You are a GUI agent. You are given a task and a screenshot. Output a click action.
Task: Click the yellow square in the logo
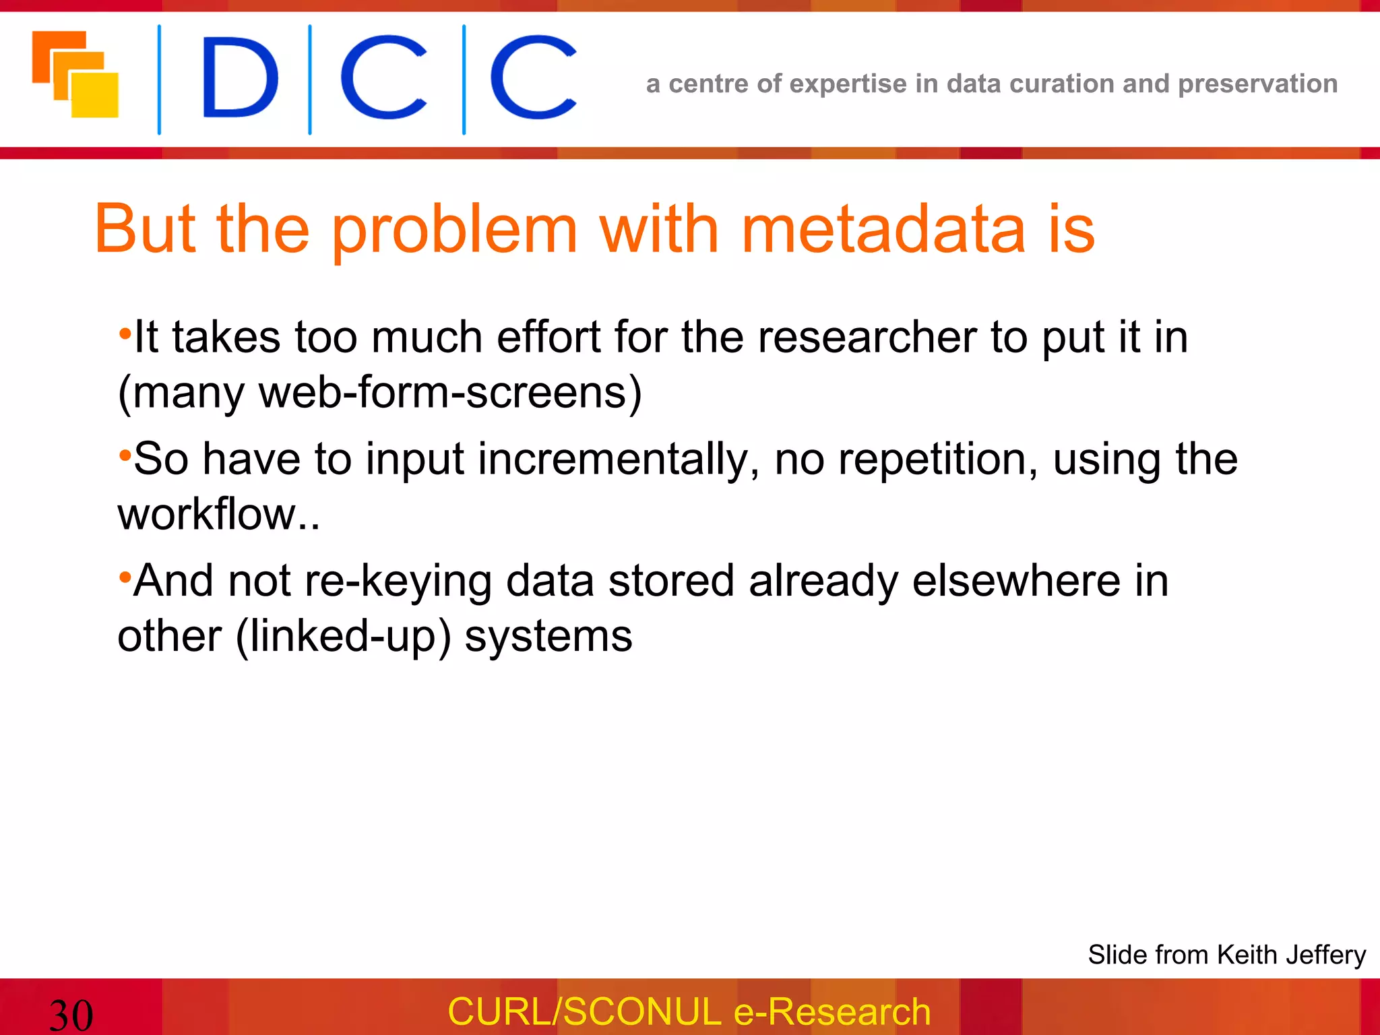(x=96, y=96)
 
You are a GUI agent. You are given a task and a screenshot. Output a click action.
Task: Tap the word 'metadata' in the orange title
(x=883, y=230)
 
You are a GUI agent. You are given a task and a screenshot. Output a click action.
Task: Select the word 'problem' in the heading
(x=455, y=230)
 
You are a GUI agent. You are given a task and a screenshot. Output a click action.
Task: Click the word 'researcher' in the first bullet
(x=867, y=337)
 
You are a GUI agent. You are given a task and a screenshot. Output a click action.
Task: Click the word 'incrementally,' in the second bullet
(x=619, y=460)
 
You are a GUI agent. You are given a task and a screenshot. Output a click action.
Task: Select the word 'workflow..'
(x=218, y=514)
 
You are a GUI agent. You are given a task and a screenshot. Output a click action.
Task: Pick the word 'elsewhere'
(x=1017, y=581)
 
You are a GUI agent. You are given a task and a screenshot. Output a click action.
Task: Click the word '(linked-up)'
(x=343, y=636)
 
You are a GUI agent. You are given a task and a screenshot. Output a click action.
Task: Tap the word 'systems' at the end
(x=548, y=636)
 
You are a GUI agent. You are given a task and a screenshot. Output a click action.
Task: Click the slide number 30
(x=71, y=1015)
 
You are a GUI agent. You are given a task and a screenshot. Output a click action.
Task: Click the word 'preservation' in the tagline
(x=1257, y=84)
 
